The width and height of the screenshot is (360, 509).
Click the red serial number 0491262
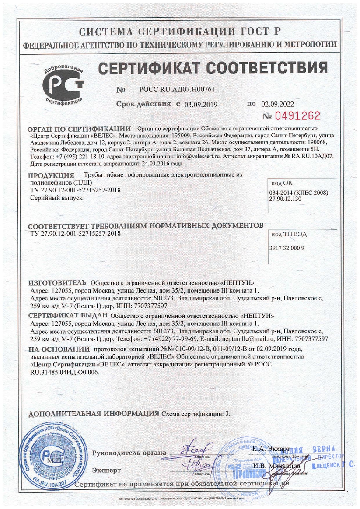tap(297, 117)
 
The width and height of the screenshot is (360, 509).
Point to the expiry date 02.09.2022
tap(278, 104)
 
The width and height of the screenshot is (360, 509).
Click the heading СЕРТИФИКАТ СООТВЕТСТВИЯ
tap(213, 68)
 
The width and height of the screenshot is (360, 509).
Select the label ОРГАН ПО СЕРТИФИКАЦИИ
tap(80, 129)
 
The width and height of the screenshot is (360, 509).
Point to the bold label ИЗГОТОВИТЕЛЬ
tap(57, 282)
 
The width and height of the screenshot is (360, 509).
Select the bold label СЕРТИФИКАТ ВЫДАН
tap(69, 316)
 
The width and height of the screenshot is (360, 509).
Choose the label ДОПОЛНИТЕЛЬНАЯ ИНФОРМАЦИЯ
tap(94, 413)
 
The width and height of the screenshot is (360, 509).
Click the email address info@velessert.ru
tap(203, 156)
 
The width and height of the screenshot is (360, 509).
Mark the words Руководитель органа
tap(129, 453)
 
